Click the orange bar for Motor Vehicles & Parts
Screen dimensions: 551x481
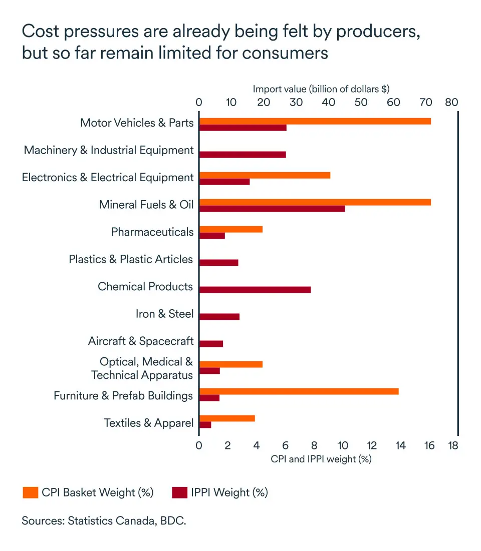315,121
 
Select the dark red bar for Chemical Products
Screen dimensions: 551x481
255,289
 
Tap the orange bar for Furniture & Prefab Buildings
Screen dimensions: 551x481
299,391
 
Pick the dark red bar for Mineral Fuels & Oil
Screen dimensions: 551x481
272,208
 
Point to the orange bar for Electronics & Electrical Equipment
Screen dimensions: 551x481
265,175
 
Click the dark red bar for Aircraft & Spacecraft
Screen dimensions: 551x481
211,343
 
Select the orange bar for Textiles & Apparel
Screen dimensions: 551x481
227,418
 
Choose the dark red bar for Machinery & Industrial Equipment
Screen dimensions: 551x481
243,154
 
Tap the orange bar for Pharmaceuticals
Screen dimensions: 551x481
230,229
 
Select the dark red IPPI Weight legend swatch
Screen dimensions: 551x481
179,492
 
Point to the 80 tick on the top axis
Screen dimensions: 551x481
451,103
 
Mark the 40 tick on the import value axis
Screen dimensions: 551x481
329,103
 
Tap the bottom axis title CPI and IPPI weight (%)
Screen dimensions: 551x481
321,458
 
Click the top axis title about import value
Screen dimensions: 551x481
321,89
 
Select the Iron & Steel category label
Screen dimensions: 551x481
164,314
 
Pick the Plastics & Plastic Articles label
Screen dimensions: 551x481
131,259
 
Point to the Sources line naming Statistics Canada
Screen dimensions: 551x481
104,520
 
